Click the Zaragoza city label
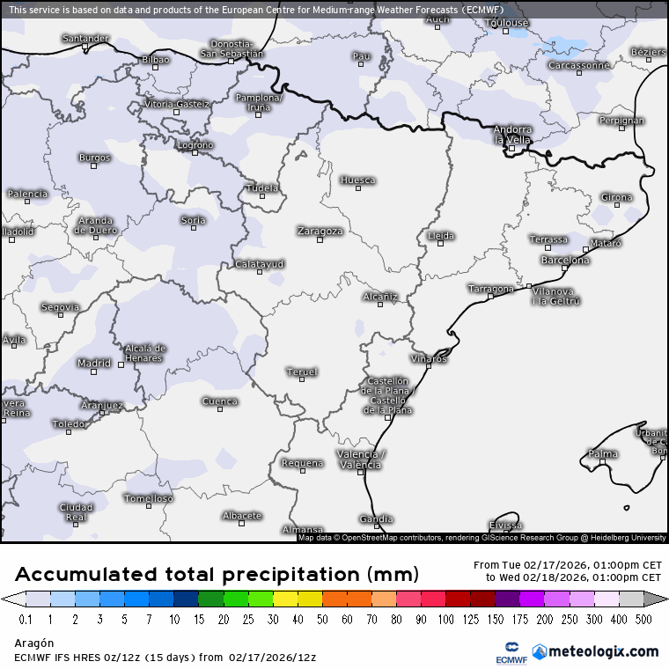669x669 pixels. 320,231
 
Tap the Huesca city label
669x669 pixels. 358,180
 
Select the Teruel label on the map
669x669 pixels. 302,371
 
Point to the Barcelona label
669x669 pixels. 565,261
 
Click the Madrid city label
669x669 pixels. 94,363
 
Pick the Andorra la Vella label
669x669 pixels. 512,135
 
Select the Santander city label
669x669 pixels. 85,39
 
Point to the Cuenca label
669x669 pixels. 220,401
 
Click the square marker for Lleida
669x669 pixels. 441,244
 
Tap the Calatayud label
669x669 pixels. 260,264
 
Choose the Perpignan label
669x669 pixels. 621,121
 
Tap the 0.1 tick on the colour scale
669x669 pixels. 26,620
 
